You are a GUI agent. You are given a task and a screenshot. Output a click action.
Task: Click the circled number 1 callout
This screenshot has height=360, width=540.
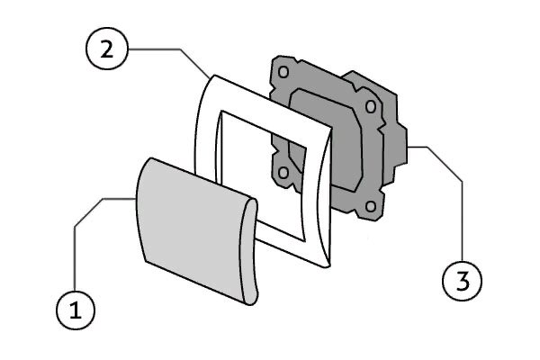pos(76,310)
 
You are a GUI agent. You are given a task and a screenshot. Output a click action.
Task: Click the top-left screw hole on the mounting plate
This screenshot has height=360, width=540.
pos(283,70)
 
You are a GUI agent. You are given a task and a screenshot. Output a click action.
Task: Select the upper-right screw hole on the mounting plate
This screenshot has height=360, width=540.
pos(370,107)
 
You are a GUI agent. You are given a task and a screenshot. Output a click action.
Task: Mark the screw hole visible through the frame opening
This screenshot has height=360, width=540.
pos(284,172)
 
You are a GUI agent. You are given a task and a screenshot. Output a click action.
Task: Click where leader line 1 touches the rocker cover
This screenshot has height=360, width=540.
pos(136,197)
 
